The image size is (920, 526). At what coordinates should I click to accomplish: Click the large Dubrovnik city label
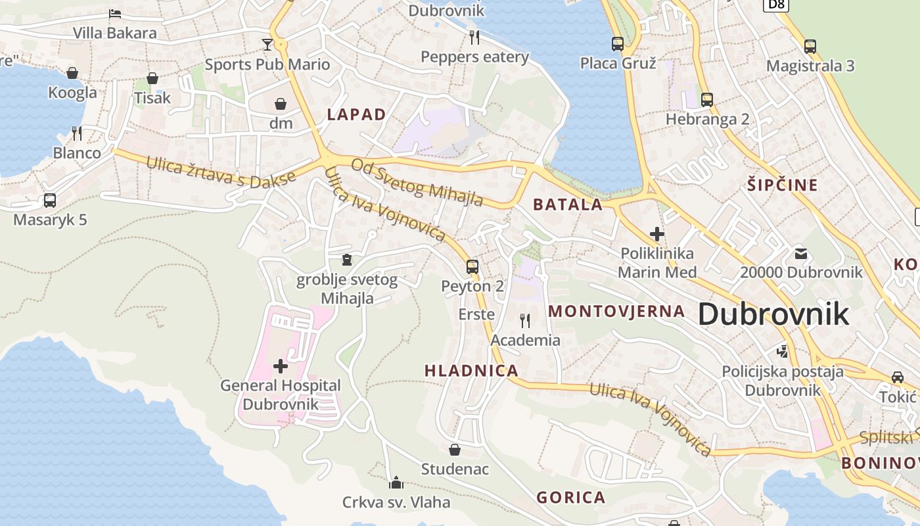tap(773, 314)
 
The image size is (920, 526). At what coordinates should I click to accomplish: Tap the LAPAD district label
tap(357, 114)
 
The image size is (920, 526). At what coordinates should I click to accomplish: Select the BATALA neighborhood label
tap(568, 204)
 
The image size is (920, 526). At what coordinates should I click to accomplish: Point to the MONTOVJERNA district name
tap(616, 311)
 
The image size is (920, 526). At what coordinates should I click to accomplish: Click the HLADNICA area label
tap(471, 371)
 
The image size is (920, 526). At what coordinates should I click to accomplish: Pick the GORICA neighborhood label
tap(570, 497)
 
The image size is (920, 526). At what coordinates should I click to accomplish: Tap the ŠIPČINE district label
tap(782, 185)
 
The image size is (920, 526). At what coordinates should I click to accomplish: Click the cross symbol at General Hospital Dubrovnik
tap(281, 366)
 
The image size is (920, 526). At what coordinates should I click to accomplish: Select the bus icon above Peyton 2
tap(472, 267)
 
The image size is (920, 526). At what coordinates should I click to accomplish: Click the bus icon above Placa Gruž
tap(618, 44)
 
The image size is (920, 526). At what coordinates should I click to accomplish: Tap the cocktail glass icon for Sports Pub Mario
tap(267, 45)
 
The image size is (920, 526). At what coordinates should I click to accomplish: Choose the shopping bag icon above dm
tap(281, 104)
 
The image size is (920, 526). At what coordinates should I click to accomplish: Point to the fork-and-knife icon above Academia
tap(525, 321)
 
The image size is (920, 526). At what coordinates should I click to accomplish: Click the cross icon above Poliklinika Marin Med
tap(656, 233)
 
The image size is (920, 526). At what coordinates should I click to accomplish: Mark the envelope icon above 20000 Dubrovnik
tap(801, 253)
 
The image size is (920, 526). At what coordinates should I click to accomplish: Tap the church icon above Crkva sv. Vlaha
tap(396, 483)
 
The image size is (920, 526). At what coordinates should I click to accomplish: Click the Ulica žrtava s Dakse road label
tap(221, 172)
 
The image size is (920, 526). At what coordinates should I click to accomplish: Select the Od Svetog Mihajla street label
tap(417, 182)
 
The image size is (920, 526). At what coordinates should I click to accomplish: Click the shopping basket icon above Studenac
tap(455, 450)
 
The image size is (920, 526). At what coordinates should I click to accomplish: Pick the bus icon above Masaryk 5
tap(50, 201)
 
